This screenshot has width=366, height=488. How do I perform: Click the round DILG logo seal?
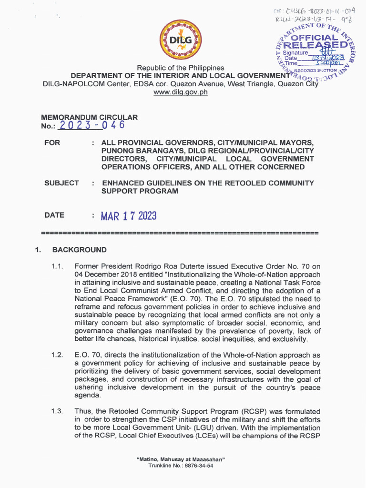pos(180,40)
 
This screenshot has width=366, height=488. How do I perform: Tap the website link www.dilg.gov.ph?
pos(181,92)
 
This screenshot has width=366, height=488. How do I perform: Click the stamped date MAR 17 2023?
pos(128,215)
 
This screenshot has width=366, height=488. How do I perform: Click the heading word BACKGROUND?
pos(79,250)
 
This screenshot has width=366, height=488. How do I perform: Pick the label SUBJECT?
pos(61,183)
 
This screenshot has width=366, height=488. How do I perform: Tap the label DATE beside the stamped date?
pos(54,215)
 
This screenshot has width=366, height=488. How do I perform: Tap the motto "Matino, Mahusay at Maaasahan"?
pos(181,459)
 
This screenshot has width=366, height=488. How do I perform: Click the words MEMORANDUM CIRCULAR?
pos(90,117)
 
